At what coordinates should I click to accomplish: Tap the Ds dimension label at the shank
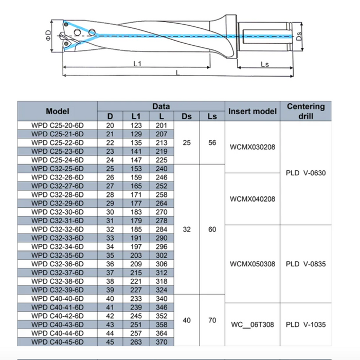tap(300, 35)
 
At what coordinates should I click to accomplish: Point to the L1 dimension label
tap(137, 63)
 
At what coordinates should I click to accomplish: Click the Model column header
tap(57, 111)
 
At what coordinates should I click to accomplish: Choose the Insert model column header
tap(252, 111)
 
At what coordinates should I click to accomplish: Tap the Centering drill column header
tap(305, 111)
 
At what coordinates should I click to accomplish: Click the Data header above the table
tap(161, 106)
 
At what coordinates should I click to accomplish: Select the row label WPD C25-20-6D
tap(57, 125)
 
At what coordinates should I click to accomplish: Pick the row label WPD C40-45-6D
tap(57, 342)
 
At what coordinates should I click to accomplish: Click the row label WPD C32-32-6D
tap(57, 229)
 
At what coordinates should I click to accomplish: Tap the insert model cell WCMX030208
tap(252, 147)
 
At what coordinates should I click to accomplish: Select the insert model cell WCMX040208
tap(252, 199)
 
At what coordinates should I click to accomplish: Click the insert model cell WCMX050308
tap(252, 264)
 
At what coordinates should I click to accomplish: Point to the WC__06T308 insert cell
tap(252, 325)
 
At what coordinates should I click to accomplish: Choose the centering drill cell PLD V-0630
tap(305, 173)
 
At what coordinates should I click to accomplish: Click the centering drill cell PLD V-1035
tap(305, 325)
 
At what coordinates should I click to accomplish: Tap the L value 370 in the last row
tap(161, 342)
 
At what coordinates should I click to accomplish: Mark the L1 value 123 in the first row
tap(136, 125)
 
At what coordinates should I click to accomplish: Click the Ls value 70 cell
tap(212, 320)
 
